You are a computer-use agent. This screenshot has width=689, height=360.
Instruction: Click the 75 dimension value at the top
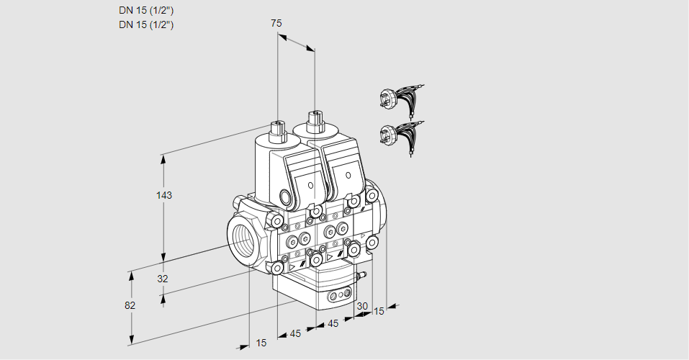276,23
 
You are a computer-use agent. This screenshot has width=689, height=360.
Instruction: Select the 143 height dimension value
166,195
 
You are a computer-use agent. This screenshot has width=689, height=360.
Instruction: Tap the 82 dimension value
130,305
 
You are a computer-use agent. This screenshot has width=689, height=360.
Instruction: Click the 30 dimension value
362,306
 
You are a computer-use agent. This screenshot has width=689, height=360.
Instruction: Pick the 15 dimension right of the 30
379,311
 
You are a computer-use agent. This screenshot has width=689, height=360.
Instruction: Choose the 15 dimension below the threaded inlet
261,343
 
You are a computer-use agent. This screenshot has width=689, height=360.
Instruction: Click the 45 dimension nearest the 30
333,324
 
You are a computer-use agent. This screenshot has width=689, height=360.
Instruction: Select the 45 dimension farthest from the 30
295,333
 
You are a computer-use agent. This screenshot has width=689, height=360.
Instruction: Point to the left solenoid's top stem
277,130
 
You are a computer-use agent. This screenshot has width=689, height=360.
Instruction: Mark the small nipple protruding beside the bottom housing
362,274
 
